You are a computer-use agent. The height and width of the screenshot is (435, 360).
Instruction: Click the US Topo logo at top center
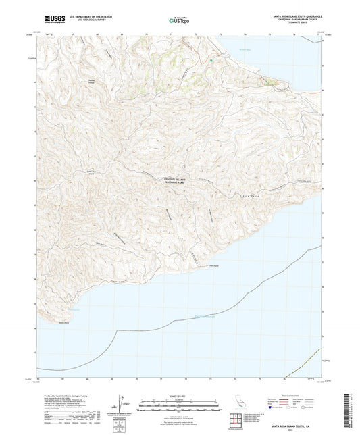(178, 21)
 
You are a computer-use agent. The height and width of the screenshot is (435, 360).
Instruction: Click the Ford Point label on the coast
(213, 266)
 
